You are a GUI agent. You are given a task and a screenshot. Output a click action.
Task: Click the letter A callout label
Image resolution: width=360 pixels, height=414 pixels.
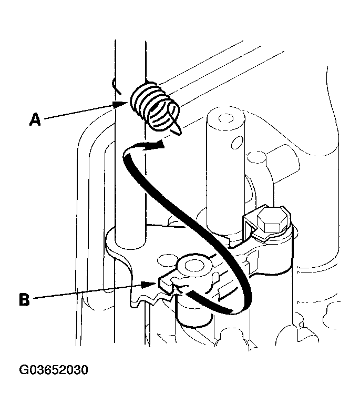(x=35, y=119)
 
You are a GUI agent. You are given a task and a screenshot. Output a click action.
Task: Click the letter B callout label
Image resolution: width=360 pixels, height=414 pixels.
(x=24, y=299)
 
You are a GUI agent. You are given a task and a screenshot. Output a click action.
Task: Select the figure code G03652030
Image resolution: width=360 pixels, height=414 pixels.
(x=54, y=370)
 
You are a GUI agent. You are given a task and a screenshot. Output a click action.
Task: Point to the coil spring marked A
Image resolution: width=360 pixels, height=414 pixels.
(x=155, y=106)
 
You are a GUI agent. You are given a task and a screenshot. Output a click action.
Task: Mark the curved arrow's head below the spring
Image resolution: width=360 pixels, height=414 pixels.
(x=158, y=145)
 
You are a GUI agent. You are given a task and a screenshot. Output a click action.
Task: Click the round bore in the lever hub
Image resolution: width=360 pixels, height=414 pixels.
(x=194, y=266)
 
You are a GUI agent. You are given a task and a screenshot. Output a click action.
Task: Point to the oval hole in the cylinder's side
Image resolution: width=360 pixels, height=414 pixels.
(x=236, y=142)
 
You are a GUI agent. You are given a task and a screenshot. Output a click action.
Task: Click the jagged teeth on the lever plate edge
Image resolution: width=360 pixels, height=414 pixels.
(x=150, y=300)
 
